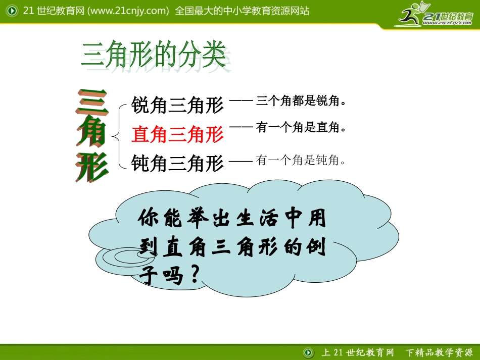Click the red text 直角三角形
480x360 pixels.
pyautogui.click(x=177, y=135)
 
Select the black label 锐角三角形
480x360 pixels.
pyautogui.click(x=177, y=106)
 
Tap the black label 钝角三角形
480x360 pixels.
pyautogui.click(x=177, y=164)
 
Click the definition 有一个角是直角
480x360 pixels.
pyautogui.click(x=298, y=128)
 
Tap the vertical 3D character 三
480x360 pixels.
pyautogui.click(x=92, y=102)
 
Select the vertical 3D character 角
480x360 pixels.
pyautogui.click(x=92, y=133)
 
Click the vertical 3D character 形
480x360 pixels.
pyautogui.click(x=92, y=165)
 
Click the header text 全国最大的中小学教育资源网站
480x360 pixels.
pyautogui.click(x=242, y=11)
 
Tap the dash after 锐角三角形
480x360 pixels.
pyautogui.click(x=241, y=100)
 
